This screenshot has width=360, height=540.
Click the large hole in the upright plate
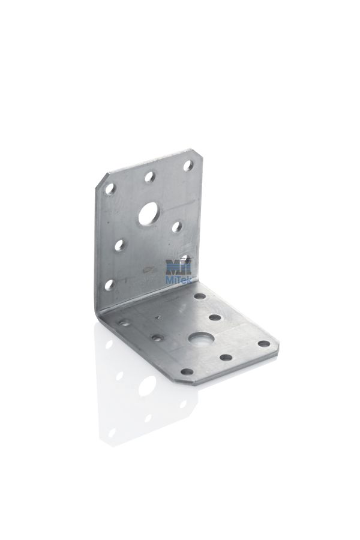tap(148, 214)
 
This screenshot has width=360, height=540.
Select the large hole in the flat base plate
tap(198, 340)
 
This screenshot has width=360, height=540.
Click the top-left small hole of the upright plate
tap(110, 189)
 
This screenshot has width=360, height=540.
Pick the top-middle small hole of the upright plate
tap(150, 177)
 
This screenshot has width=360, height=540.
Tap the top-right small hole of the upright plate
tap(188, 166)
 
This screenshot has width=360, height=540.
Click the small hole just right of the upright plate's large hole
tap(177, 226)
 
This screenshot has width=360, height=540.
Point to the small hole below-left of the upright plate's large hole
tap(119, 245)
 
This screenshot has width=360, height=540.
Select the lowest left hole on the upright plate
tap(110, 284)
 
